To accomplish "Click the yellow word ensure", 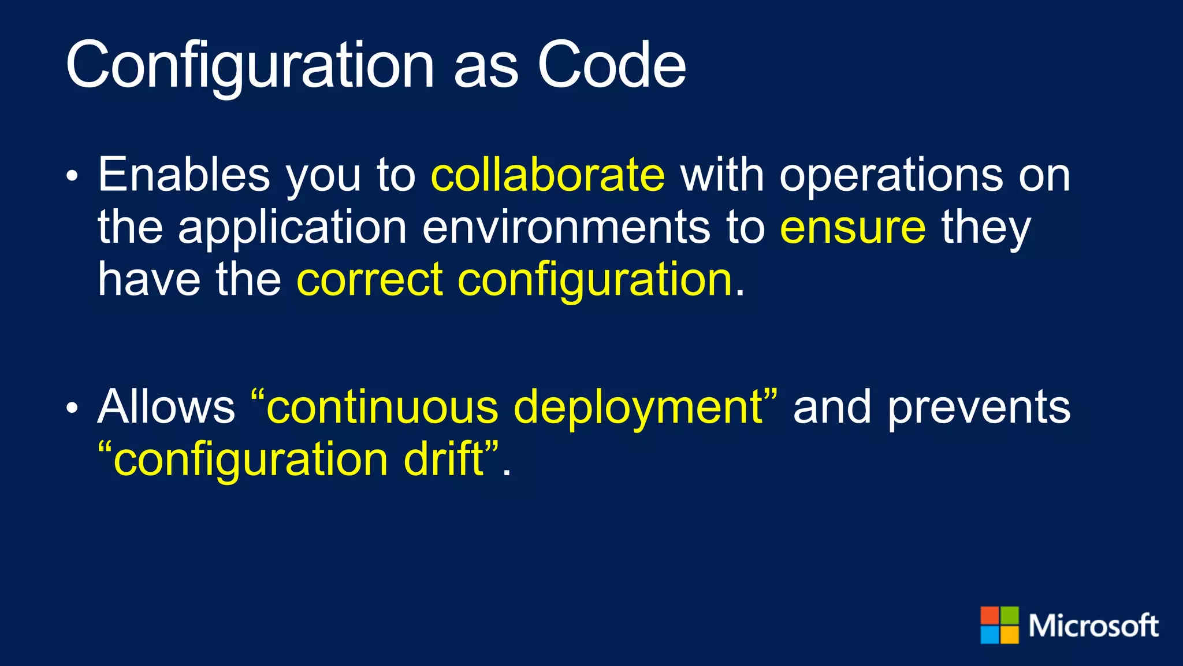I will (x=853, y=228).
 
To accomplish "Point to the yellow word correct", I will (x=370, y=280).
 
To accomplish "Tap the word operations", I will (x=891, y=176).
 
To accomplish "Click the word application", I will (x=292, y=228).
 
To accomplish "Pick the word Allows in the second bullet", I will (x=166, y=407).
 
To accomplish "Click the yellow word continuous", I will (x=381, y=407).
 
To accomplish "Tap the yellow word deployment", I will (x=638, y=408).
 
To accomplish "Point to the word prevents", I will (x=979, y=408).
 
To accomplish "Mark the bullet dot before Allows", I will (x=72, y=409).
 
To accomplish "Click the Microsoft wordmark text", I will (x=1093, y=626).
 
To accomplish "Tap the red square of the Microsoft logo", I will (x=989, y=615).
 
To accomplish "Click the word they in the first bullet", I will (x=985, y=228).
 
